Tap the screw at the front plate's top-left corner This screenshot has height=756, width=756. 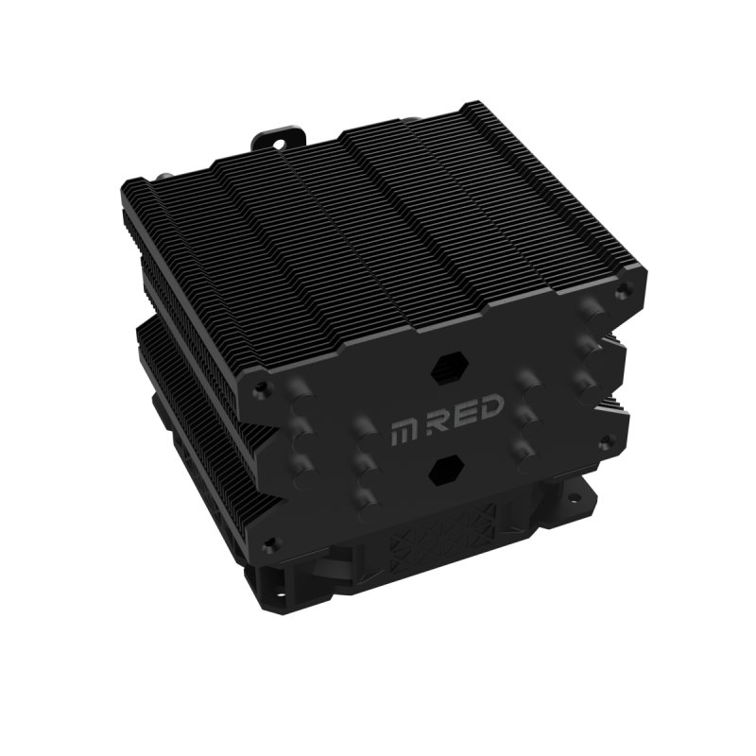(261, 386)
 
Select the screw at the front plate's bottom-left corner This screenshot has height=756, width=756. (269, 541)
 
